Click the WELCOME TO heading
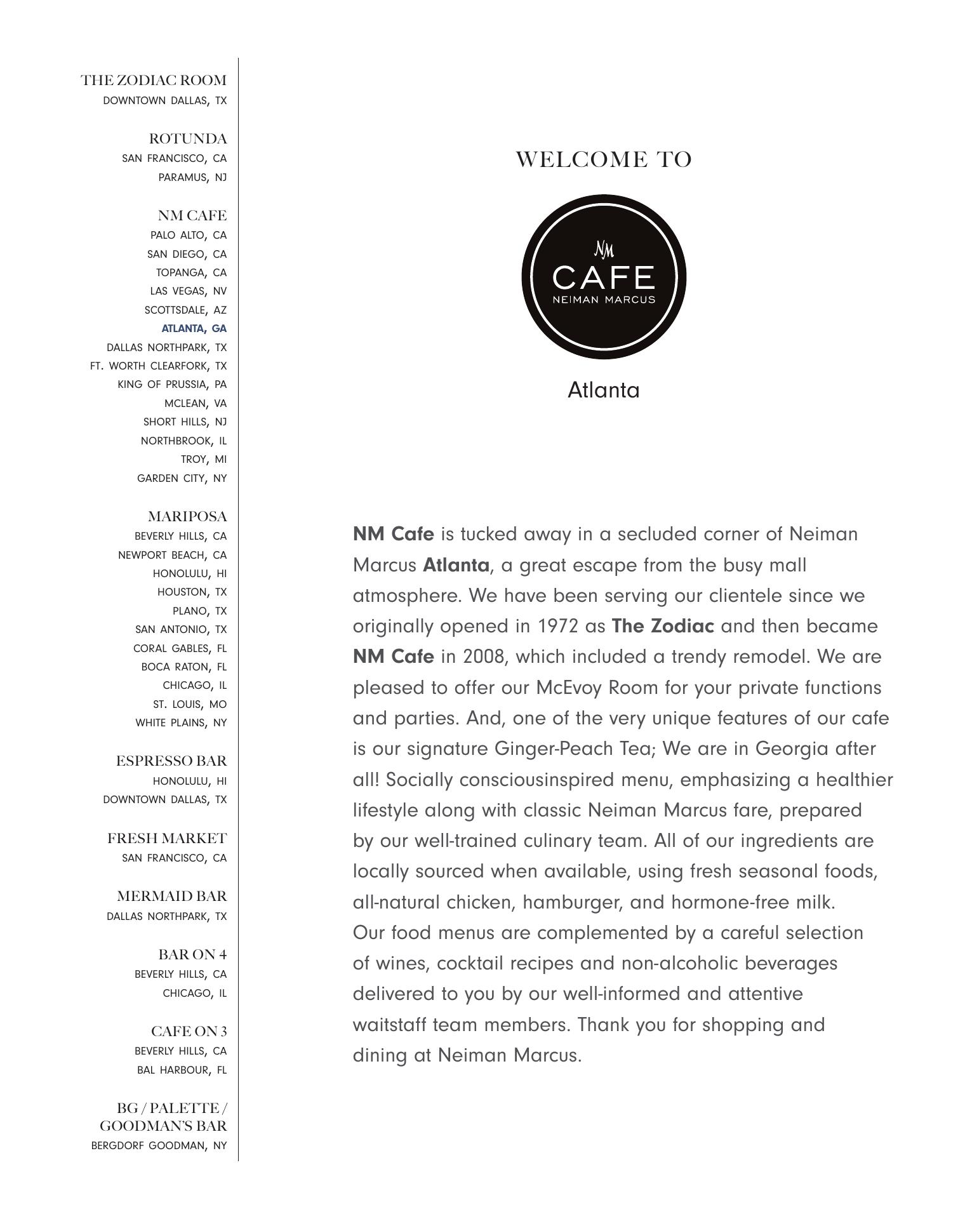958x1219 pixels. tap(603, 159)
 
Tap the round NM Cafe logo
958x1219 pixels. tap(604, 277)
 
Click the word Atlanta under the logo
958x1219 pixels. tap(603, 390)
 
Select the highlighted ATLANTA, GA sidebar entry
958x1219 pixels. tap(194, 329)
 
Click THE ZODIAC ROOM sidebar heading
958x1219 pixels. tap(154, 81)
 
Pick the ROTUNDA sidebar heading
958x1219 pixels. tap(188, 139)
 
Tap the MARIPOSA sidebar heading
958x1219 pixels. tap(187, 516)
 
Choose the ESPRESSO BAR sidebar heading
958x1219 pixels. tap(171, 761)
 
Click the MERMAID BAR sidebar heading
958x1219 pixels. tap(172, 896)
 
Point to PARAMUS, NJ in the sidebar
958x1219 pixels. tap(192, 177)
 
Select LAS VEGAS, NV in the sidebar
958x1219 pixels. tap(188, 291)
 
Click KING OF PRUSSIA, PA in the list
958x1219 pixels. tap(172, 385)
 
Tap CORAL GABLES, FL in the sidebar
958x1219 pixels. tap(180, 648)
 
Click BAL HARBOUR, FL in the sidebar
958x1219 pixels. tap(182, 1070)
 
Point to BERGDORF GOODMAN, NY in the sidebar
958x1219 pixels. tap(159, 1145)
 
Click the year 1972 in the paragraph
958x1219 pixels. tap(558, 626)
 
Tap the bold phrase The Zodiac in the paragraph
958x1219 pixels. tap(663, 626)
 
